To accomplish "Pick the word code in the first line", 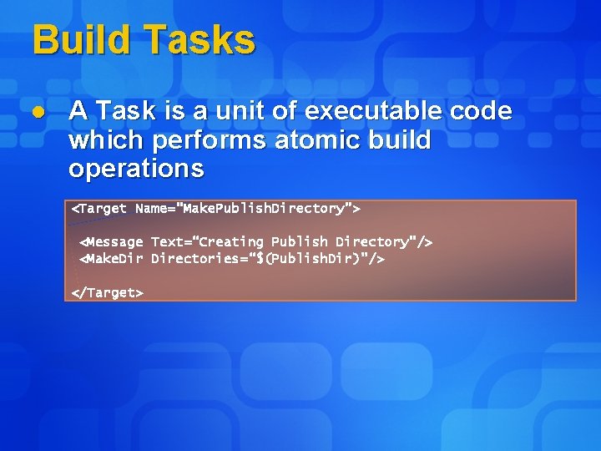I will tap(480, 110).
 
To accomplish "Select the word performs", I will tap(199, 139).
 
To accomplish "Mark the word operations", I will tap(136, 169).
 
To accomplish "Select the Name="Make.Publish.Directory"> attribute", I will tap(248, 208).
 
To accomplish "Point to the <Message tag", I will tap(111, 242).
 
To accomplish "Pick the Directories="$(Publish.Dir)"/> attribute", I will tap(268, 259).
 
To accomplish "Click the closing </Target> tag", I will tap(108, 292).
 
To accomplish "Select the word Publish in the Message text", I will tap(300, 242).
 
